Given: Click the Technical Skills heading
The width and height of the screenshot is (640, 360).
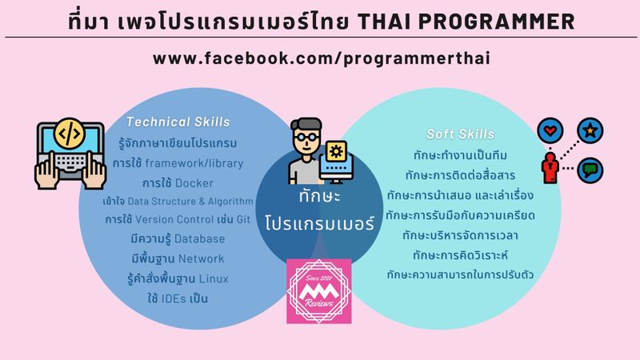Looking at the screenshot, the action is (178, 122).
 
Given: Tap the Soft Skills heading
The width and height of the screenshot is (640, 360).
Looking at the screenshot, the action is (461, 134).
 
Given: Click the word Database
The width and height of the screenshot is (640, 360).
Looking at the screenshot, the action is (199, 238).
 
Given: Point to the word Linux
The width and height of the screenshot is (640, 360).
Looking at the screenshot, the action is (209, 278).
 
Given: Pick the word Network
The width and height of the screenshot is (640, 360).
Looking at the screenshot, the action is (202, 258).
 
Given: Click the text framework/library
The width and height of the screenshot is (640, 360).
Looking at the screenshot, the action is (194, 163).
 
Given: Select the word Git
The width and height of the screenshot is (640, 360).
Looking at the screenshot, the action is (243, 219).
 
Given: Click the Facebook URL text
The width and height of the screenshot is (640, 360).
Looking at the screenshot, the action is (322, 58).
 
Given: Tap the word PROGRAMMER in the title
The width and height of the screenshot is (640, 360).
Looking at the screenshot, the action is (497, 22).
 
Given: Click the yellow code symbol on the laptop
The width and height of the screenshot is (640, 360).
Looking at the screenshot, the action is (70, 133).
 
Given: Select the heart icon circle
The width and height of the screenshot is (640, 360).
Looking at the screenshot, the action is (550, 130).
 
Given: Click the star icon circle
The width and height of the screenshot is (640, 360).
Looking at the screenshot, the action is (590, 130).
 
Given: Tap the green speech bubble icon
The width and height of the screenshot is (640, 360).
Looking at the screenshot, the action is (590, 170).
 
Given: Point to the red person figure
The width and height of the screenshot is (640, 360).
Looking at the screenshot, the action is (550, 168).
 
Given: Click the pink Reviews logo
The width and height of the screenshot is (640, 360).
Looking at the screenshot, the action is (319, 291).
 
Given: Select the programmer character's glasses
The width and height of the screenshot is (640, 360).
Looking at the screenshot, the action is (306, 137).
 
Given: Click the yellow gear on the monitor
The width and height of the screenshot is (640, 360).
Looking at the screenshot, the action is (336, 151).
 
